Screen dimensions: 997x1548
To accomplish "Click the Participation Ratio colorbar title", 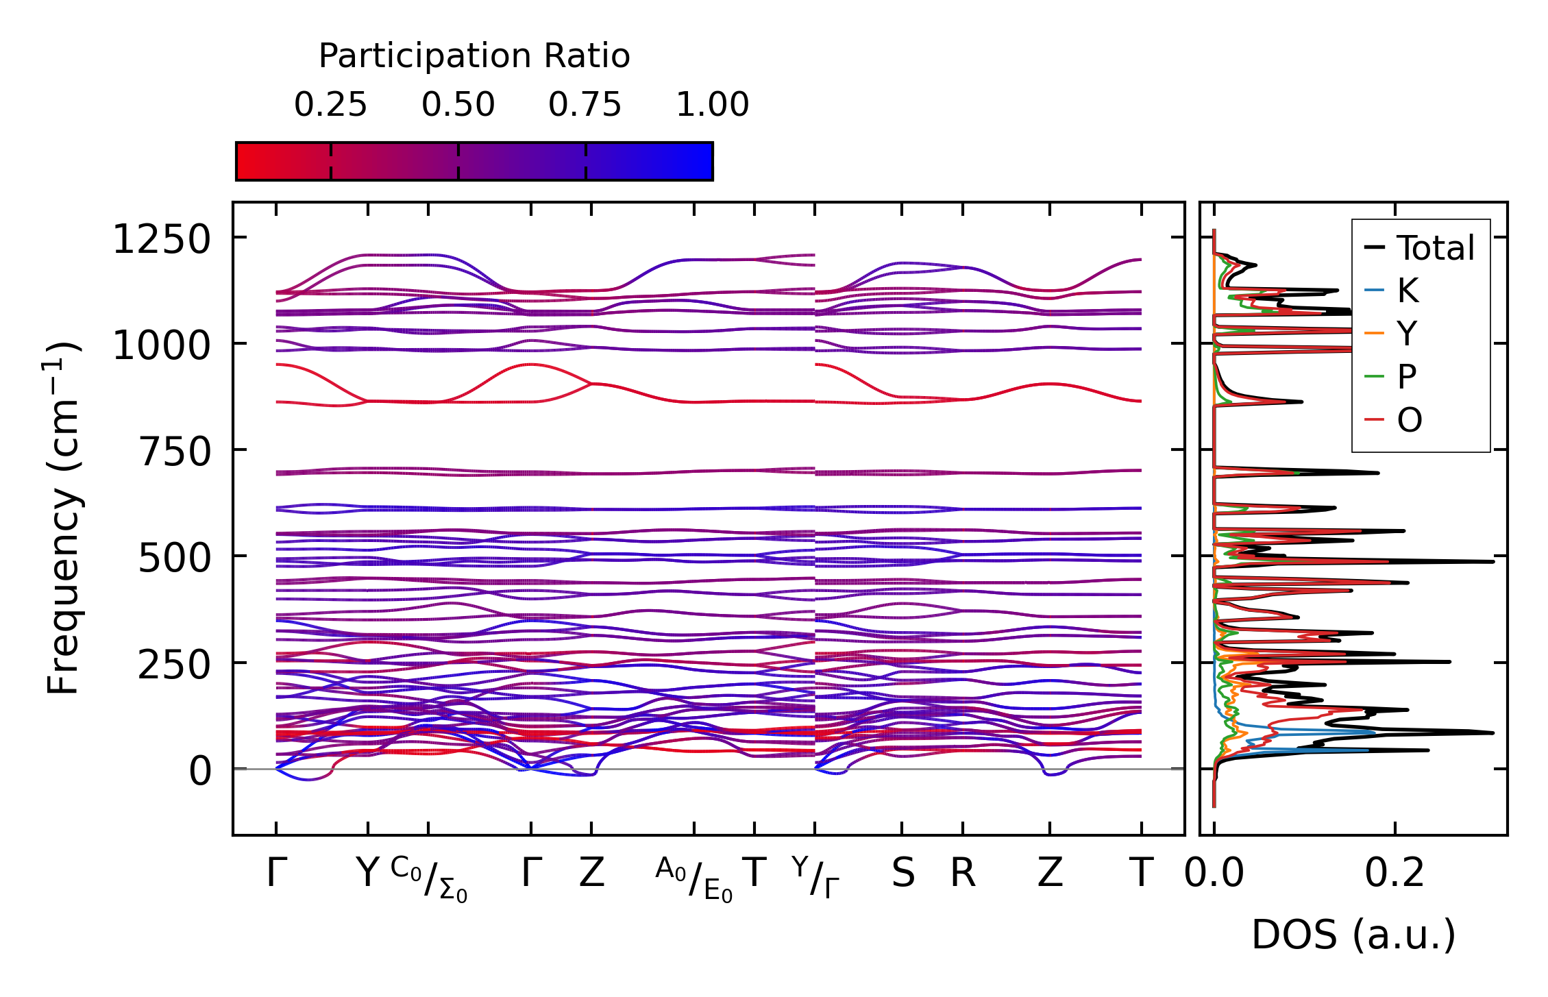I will coord(474,56).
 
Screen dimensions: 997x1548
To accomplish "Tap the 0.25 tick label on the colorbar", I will coord(330,105).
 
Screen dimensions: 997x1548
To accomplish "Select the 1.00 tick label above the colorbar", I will coord(712,105).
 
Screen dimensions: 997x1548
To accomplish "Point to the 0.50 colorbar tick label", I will coord(458,105).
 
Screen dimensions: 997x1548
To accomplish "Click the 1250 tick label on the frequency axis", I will coord(162,241).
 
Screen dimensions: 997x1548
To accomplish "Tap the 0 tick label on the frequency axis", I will coord(200,772).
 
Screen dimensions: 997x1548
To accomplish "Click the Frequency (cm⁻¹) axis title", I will coord(63,518).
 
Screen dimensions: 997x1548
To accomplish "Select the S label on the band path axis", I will coord(902,874).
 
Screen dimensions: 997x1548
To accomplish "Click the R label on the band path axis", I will coord(963,874).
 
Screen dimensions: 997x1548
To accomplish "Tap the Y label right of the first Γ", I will coord(368,874).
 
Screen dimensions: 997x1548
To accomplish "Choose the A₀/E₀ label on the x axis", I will coord(694,879).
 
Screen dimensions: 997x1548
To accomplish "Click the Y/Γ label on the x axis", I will coord(815,877).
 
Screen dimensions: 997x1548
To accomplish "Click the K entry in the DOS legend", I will coord(1408,291).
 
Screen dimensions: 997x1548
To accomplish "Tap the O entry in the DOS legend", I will coord(1409,419).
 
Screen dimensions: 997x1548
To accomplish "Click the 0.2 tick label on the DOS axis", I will coord(1395,874).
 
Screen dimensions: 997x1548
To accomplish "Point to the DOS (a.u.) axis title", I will coord(1353,935).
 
